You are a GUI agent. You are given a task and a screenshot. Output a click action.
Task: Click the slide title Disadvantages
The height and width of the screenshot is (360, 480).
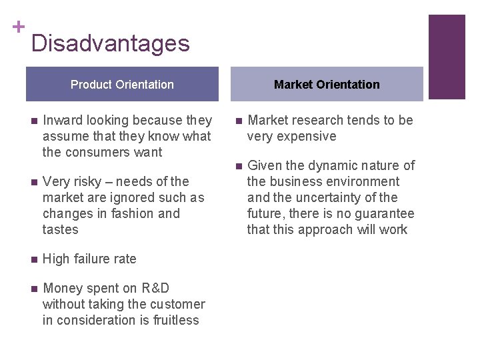click(110, 44)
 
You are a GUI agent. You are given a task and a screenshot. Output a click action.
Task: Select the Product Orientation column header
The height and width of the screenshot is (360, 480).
click(122, 85)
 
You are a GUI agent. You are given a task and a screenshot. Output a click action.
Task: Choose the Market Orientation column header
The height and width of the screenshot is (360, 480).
click(327, 85)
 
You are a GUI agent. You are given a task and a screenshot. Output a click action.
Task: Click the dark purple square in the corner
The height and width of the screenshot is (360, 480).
click(446, 57)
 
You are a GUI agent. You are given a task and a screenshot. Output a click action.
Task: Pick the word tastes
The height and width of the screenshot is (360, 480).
click(61, 229)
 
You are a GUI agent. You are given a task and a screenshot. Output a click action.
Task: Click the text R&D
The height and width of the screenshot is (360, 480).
click(155, 288)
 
